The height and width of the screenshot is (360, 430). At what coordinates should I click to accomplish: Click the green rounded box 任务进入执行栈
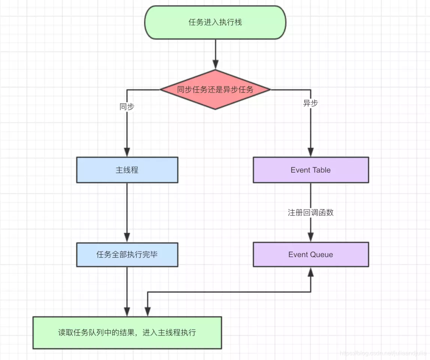(215, 22)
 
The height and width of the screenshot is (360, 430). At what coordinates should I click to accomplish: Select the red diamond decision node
(215, 90)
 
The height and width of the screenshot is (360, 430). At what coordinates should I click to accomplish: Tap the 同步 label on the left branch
(127, 107)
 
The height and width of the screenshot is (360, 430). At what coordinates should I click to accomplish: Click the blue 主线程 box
(127, 170)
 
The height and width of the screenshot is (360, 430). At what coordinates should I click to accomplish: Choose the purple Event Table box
(311, 170)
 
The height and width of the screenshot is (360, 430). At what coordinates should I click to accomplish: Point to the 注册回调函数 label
(311, 213)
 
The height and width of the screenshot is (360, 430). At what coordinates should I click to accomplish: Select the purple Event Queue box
(311, 255)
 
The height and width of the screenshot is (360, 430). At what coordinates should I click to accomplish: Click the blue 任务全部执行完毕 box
(127, 255)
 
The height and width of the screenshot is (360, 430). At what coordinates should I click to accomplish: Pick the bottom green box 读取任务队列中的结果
(127, 333)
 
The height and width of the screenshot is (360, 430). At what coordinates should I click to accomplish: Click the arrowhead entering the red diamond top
(215, 65)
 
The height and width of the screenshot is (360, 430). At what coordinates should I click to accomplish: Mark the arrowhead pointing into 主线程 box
(127, 152)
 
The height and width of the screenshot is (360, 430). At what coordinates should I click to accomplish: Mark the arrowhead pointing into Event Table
(311, 152)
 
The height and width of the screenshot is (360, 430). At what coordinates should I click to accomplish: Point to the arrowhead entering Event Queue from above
(311, 237)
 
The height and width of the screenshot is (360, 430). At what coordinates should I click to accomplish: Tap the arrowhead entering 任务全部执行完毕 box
(127, 237)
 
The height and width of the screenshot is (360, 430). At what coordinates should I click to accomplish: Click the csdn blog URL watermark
(382, 353)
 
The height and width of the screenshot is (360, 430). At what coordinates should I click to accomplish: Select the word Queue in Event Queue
(321, 255)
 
